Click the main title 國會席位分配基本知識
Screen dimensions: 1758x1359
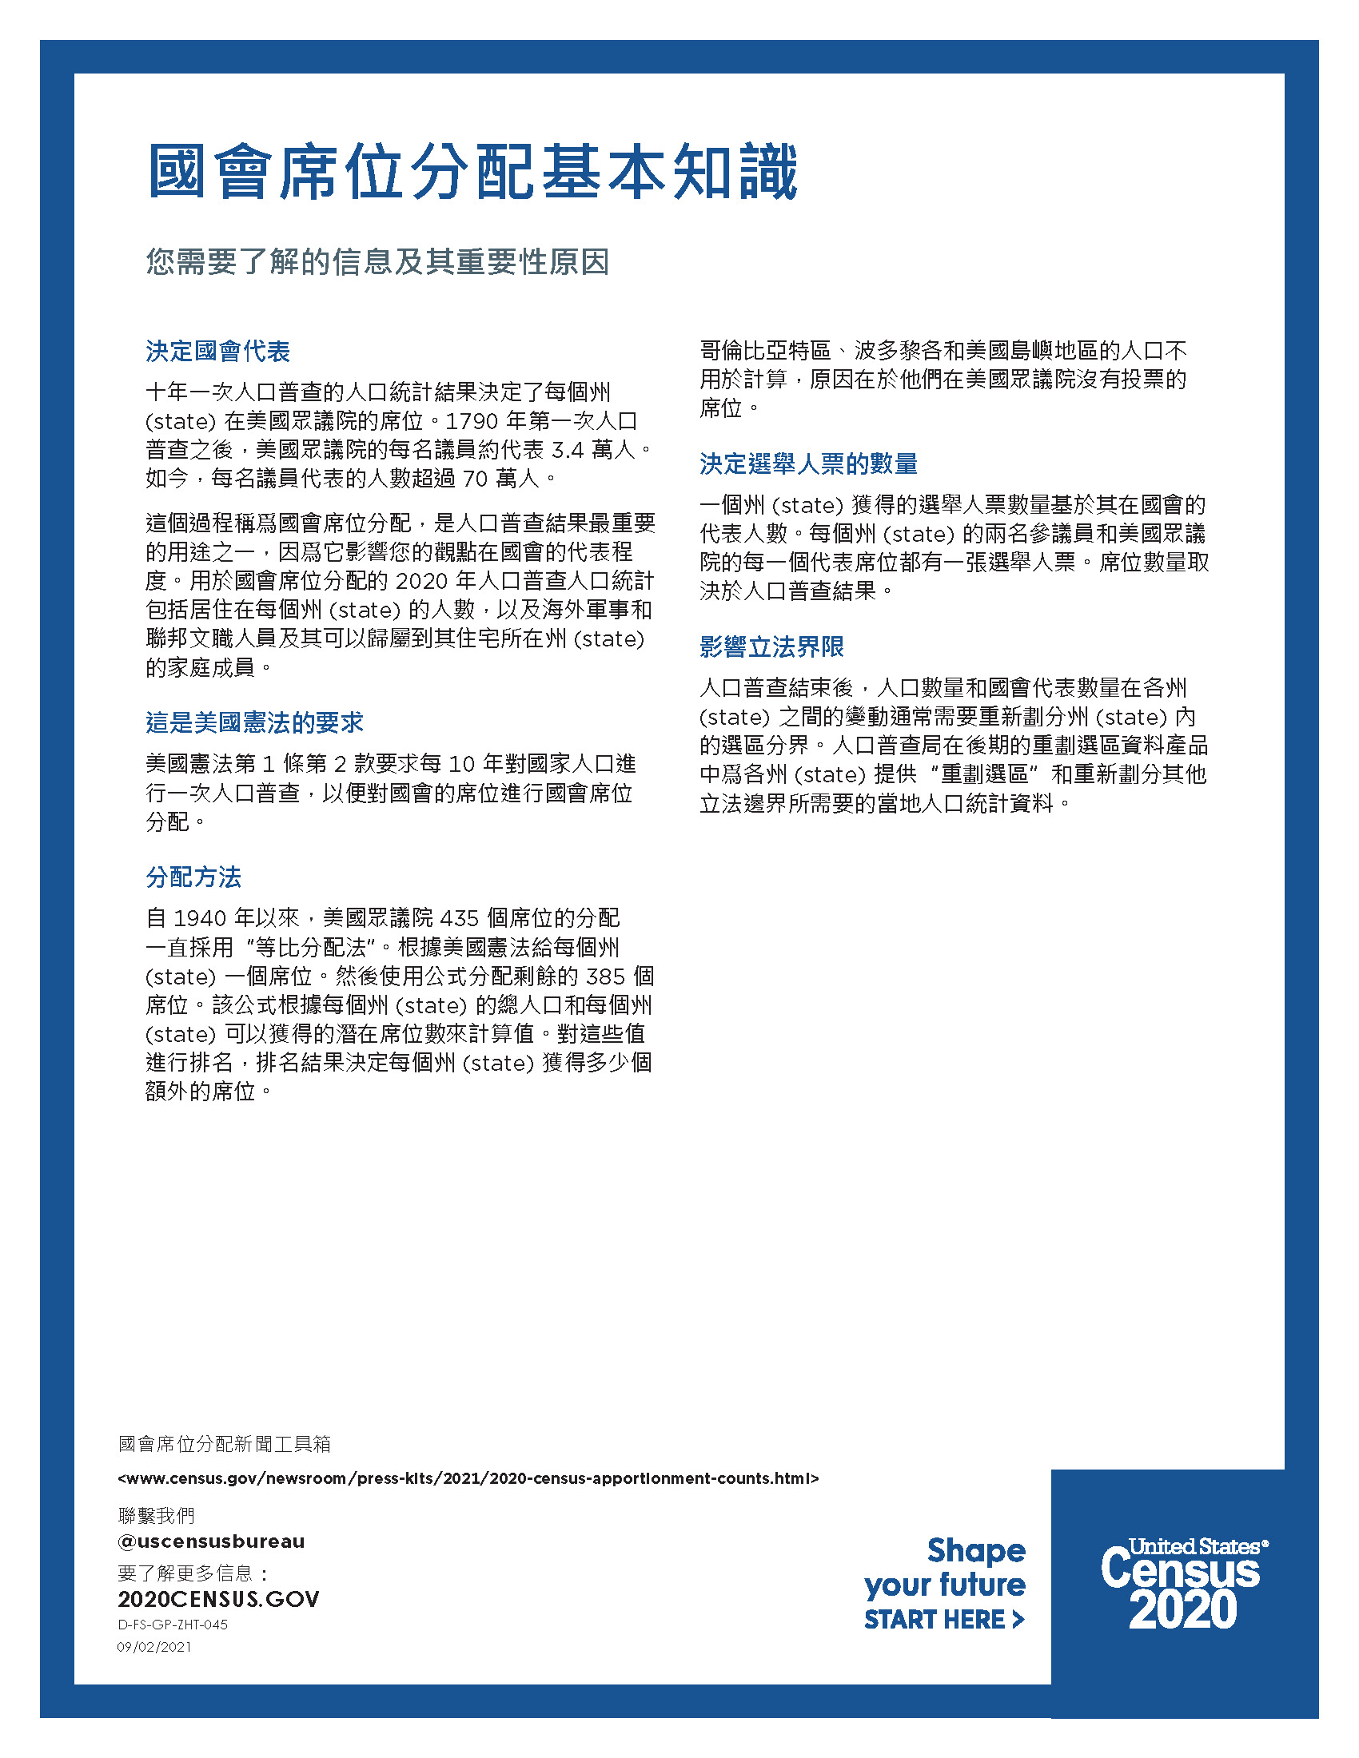(472, 173)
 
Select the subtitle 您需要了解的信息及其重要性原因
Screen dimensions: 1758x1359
(377, 261)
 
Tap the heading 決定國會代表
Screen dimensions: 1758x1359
(217, 351)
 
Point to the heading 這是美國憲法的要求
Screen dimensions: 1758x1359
(254, 722)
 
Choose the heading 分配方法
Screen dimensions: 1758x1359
(193, 877)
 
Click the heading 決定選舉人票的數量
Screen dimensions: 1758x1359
(808, 463)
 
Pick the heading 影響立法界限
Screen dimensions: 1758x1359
(771, 646)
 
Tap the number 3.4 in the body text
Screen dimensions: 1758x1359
(567, 450)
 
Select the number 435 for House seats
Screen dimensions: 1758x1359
(459, 918)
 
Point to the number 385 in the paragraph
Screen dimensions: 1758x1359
(605, 976)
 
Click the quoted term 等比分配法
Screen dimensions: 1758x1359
(310, 948)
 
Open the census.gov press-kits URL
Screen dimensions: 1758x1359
(468, 1478)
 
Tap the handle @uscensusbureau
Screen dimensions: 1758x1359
(211, 1541)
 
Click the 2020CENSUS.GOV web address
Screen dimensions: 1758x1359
(218, 1599)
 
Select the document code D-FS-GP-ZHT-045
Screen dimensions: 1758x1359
(173, 1625)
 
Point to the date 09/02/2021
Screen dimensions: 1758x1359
(154, 1647)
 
